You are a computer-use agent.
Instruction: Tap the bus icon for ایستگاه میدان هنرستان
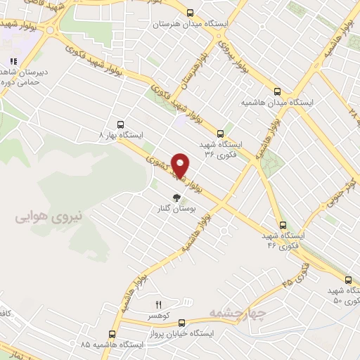click(x=191, y=12)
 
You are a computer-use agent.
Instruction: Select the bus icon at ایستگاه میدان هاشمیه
click(x=278, y=91)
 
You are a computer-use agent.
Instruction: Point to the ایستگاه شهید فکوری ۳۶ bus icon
click(x=220, y=132)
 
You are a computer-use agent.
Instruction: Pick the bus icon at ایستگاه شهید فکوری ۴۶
click(x=283, y=226)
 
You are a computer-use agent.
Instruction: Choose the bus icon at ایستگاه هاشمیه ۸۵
click(x=112, y=335)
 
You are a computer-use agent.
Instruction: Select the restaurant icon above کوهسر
click(x=158, y=304)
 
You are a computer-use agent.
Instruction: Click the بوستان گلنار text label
click(x=174, y=210)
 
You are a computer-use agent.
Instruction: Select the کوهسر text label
click(x=159, y=317)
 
